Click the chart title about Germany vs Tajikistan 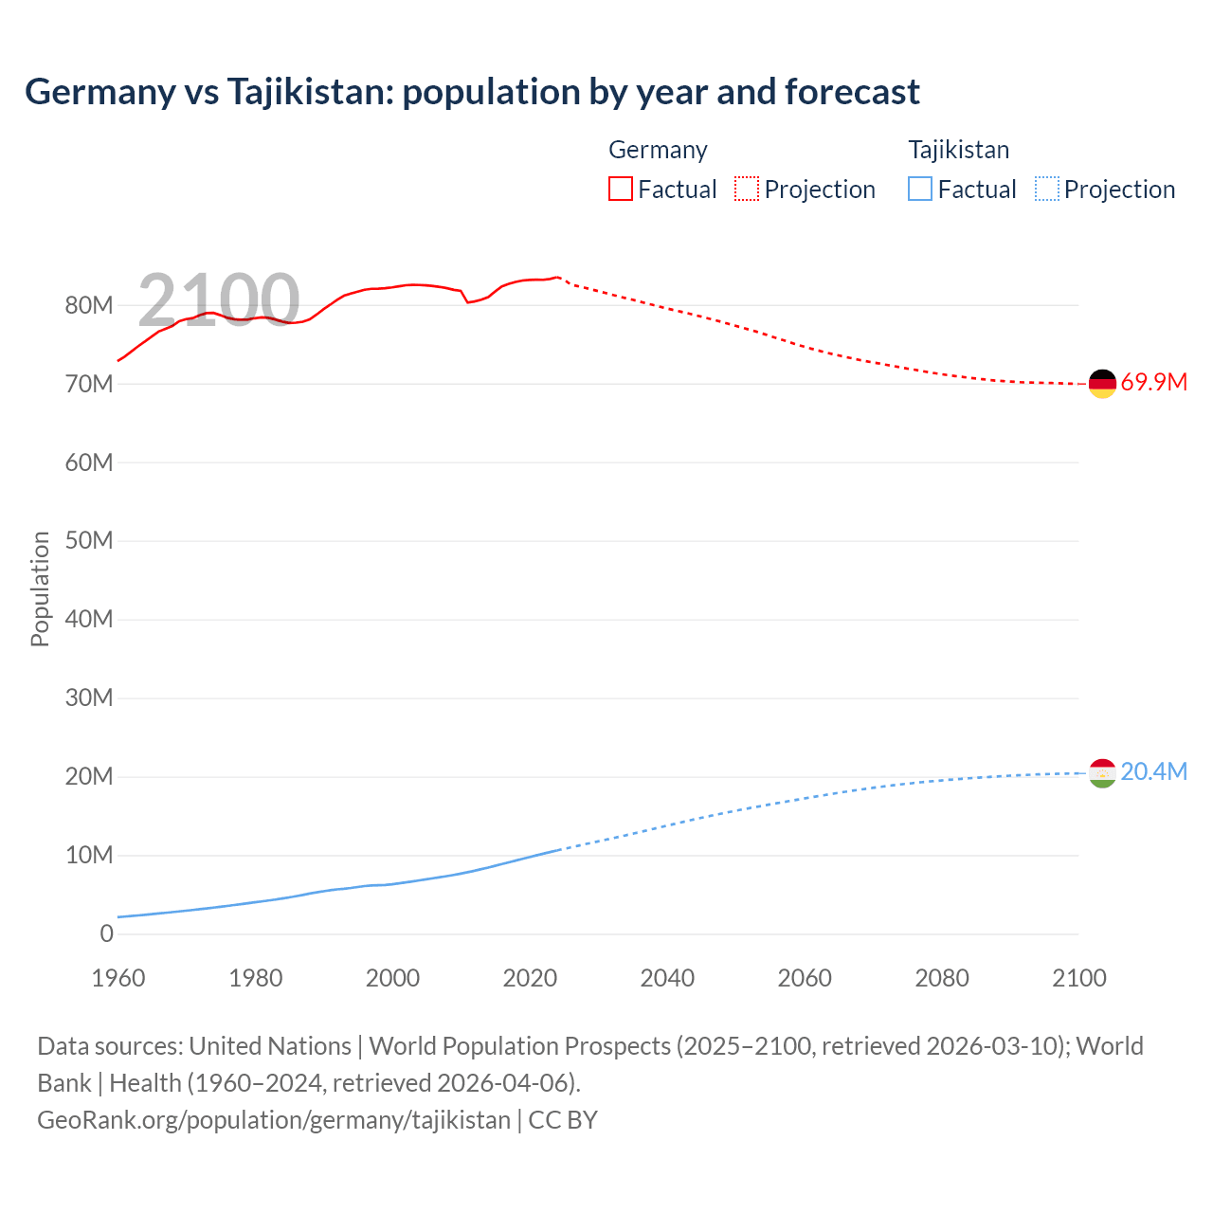tap(472, 92)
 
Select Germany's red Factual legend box tap(620, 189)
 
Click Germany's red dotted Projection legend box tap(747, 189)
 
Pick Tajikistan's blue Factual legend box tap(920, 189)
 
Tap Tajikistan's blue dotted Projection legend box tap(1047, 189)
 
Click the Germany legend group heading tap(658, 150)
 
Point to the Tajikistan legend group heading tap(958, 150)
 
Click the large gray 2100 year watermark tap(219, 300)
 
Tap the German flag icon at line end tap(1102, 383)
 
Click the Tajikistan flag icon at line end tap(1102, 773)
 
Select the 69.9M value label tap(1153, 383)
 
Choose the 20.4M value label tap(1153, 772)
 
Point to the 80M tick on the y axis tap(89, 305)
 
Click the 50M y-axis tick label tap(89, 541)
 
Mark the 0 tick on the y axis tap(106, 933)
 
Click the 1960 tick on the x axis tap(118, 978)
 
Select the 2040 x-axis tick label tap(667, 978)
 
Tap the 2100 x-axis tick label tap(1078, 978)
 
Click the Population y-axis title tap(40, 588)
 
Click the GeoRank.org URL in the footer tap(274, 1120)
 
